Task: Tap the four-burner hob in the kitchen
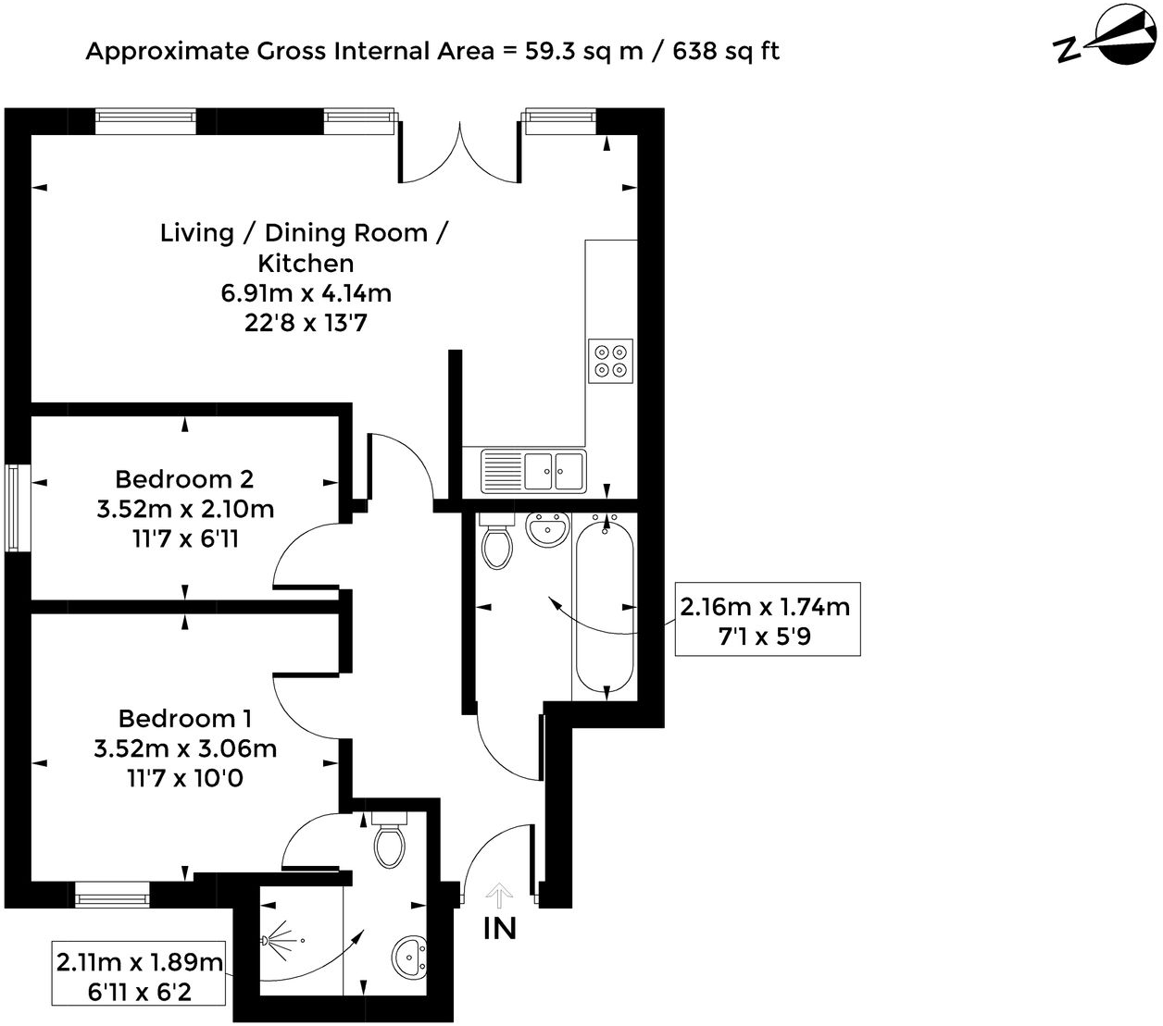(611, 360)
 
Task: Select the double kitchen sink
(554, 470)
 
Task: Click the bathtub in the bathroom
(605, 606)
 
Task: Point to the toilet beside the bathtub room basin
(497, 545)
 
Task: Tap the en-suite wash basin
(409, 958)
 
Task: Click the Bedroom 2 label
(184, 479)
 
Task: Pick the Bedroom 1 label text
(184, 719)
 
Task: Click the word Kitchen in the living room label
(306, 263)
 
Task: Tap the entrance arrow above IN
(499, 895)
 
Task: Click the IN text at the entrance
(500, 928)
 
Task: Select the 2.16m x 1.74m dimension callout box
(767, 620)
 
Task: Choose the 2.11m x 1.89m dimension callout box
(140, 976)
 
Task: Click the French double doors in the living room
(458, 153)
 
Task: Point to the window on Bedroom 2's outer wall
(14, 508)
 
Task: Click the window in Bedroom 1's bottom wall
(112, 895)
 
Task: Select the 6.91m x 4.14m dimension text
(306, 293)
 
